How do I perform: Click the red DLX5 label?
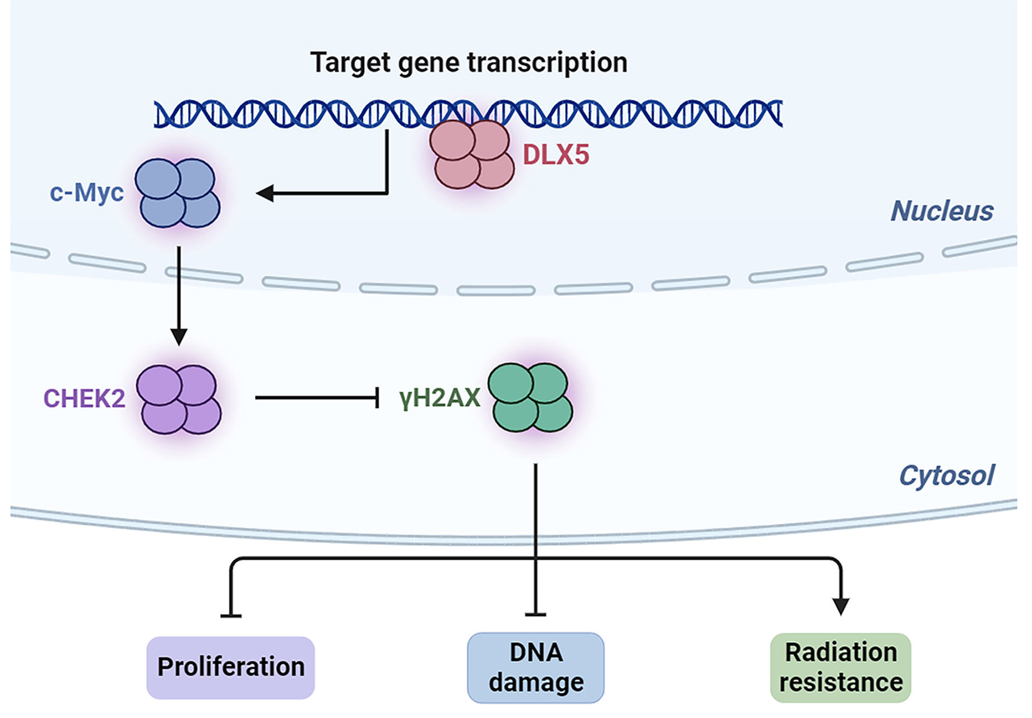pyautogui.click(x=556, y=155)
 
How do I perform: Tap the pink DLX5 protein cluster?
pyautogui.click(x=472, y=155)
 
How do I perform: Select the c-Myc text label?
pyautogui.click(x=86, y=192)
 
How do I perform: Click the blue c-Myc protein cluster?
pyautogui.click(x=178, y=193)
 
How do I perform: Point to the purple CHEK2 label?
pyautogui.click(x=84, y=398)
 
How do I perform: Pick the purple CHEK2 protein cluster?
pyautogui.click(x=179, y=399)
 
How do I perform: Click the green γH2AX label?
pyautogui.click(x=440, y=398)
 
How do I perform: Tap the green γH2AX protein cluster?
pyautogui.click(x=531, y=397)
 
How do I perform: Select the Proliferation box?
pyautogui.click(x=230, y=667)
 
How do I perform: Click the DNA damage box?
pyautogui.click(x=536, y=667)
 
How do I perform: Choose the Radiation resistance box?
pyautogui.click(x=841, y=667)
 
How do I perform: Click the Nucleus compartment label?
pyautogui.click(x=942, y=211)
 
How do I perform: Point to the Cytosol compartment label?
pyautogui.click(x=946, y=475)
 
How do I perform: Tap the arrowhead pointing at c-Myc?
pyautogui.click(x=264, y=194)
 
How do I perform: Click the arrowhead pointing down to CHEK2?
pyautogui.click(x=179, y=336)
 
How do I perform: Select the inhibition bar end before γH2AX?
pyautogui.click(x=378, y=398)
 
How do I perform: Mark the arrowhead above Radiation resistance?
pyautogui.click(x=841, y=606)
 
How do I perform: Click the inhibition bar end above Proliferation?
pyautogui.click(x=231, y=615)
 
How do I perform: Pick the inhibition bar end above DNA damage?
pyautogui.click(x=536, y=614)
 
